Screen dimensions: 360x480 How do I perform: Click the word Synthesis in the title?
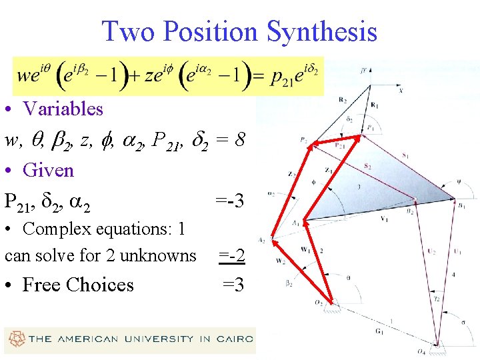pos(322,31)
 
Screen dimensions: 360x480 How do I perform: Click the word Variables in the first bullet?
pos(63,109)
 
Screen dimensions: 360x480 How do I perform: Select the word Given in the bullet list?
pos(48,170)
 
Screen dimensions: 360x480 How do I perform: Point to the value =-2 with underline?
pos(231,255)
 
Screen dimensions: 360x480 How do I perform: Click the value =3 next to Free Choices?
pos(233,285)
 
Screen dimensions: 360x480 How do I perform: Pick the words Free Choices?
pos(78,285)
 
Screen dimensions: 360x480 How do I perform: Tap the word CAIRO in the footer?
pos(237,339)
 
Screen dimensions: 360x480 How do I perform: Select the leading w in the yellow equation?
pos(22,75)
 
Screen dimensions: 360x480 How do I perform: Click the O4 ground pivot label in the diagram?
pos(439,351)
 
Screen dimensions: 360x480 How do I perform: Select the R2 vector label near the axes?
pos(343,100)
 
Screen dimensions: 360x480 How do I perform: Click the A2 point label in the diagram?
pos(262,240)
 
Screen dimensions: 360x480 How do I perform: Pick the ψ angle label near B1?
pos(457,178)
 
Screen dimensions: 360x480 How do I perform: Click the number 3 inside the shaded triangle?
pos(358,187)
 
